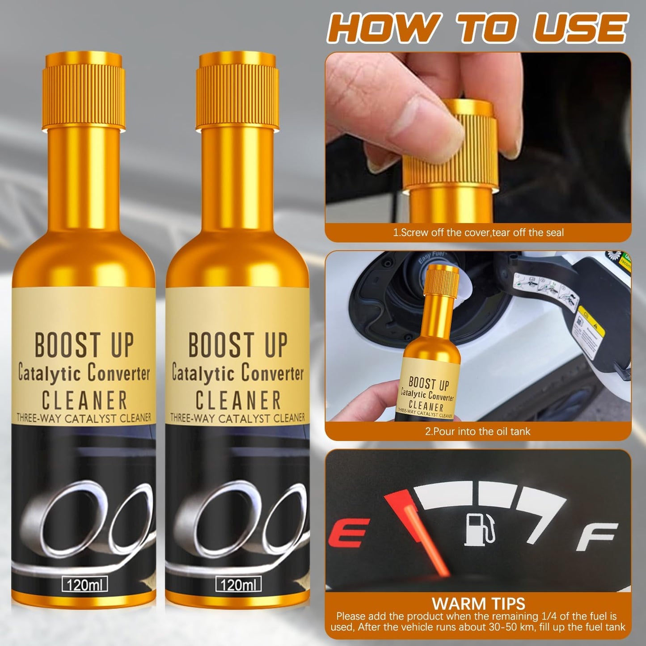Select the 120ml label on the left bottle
[84, 584]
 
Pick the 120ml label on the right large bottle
[238, 584]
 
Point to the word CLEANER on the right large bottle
[238, 400]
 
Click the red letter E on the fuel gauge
[348, 533]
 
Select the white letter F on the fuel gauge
[596, 536]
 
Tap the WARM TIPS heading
[478, 604]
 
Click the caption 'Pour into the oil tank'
[477, 431]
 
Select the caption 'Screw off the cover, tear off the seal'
[478, 232]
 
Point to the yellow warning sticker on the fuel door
[591, 321]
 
